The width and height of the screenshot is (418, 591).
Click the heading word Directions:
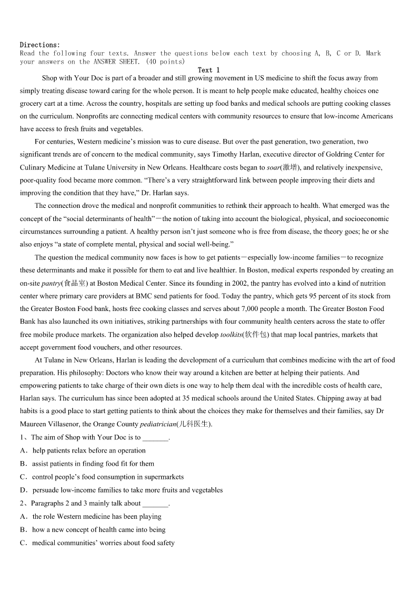pyautogui.click(x=40, y=45)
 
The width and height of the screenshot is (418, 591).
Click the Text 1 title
pyautogui.click(x=209, y=70)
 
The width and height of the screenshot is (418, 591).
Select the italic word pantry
pyautogui.click(x=51, y=283)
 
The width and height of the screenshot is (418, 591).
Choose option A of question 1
pyautogui.click(x=88, y=450)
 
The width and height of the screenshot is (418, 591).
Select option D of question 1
pyautogui.click(x=127, y=490)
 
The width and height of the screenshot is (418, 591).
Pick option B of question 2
pyautogui.click(x=98, y=529)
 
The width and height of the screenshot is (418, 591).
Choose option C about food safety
pyautogui.click(x=103, y=543)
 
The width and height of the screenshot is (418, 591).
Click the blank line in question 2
pyautogui.click(x=155, y=504)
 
